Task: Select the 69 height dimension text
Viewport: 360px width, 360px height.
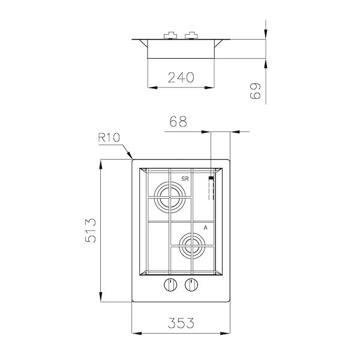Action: (256, 91)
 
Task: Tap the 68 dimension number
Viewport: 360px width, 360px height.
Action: (179, 121)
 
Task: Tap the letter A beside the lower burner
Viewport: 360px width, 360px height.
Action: (206, 228)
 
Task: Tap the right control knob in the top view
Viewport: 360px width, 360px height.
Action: (191, 286)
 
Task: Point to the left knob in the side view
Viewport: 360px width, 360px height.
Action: (170, 35)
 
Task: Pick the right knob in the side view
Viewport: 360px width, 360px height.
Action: (192, 35)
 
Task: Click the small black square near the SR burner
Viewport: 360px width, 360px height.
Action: (211, 178)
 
